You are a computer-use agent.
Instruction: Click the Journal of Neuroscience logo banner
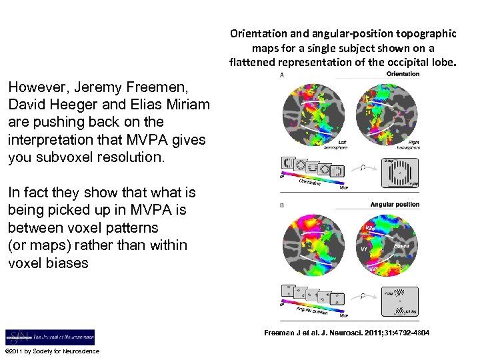pyautogui.click(x=50, y=337)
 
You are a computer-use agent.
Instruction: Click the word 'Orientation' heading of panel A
pyautogui.click(x=403, y=74)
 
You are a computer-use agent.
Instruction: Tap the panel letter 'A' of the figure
pyautogui.click(x=281, y=76)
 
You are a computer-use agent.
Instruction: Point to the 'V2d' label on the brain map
pyautogui.click(x=372, y=229)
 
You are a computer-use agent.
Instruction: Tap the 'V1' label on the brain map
pyautogui.click(x=365, y=248)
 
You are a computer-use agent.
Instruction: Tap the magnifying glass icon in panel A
pyautogui.click(x=362, y=169)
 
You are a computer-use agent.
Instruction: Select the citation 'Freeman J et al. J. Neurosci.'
pyautogui.click(x=347, y=332)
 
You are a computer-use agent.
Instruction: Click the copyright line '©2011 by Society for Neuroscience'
pyautogui.click(x=52, y=351)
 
